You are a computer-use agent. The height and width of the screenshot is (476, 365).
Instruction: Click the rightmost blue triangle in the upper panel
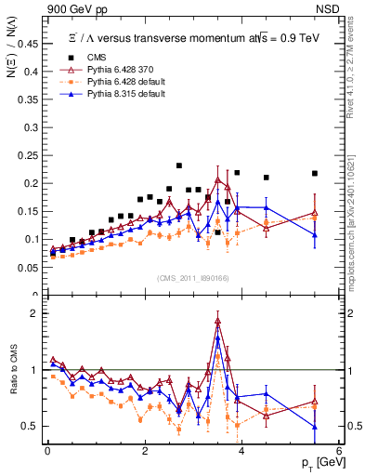tap(314, 234)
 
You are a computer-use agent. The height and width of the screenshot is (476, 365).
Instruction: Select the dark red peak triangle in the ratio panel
tap(217, 321)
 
